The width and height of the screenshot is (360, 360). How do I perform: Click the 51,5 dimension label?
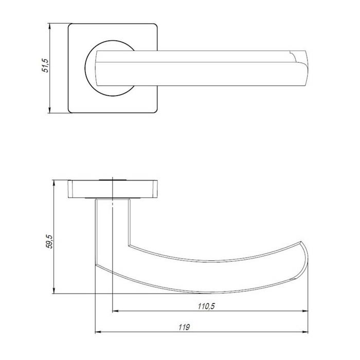[x=46, y=66]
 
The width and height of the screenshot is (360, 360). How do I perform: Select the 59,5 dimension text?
[x=49, y=242]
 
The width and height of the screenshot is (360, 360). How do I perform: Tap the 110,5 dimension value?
[x=206, y=306]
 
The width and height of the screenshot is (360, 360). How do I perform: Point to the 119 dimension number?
[x=184, y=327]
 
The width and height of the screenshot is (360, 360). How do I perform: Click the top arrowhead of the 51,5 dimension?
[x=49, y=26]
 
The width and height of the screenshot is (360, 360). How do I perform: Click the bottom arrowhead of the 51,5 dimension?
[x=49, y=110]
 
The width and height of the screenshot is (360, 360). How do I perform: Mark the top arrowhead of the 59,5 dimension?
[x=54, y=183]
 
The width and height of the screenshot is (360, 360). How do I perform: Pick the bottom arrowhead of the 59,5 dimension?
[x=54, y=291]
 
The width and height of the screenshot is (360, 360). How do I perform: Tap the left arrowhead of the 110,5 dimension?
[x=115, y=311]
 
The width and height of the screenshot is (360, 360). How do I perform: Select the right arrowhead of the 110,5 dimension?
[x=305, y=311]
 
